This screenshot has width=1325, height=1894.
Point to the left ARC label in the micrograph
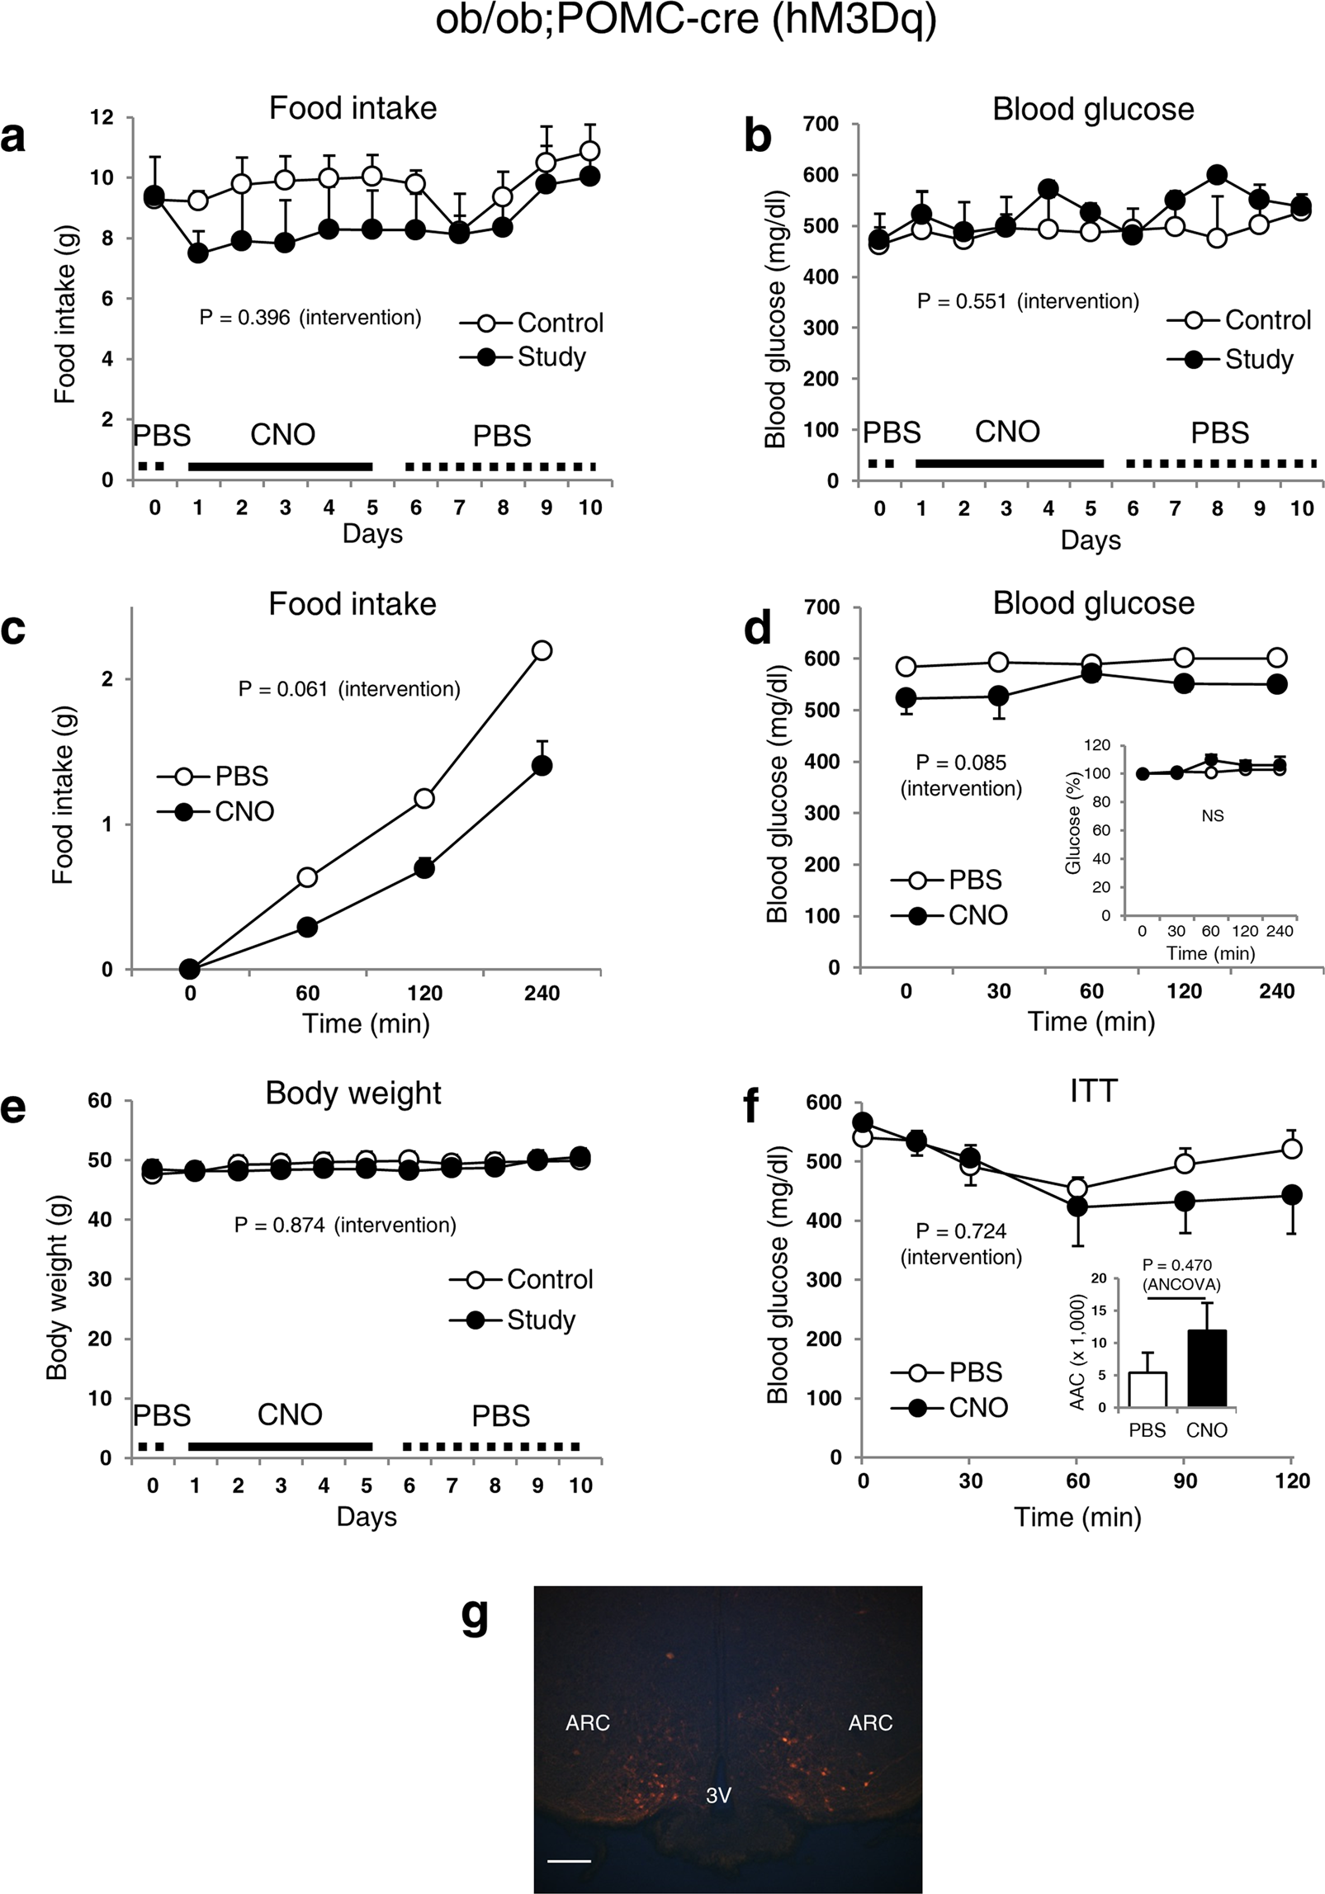587,1722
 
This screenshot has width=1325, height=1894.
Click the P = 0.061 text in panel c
348,688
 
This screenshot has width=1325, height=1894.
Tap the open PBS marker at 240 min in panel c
542,650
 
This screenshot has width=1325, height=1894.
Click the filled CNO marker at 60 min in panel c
307,927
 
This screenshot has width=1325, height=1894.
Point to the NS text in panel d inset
1212,815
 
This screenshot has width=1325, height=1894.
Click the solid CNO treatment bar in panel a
280,466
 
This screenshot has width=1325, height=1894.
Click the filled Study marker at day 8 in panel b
1216,175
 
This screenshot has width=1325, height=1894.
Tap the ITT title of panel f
1092,1091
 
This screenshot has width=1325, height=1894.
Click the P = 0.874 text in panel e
345,1225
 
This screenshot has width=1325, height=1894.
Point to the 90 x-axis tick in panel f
1185,1481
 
